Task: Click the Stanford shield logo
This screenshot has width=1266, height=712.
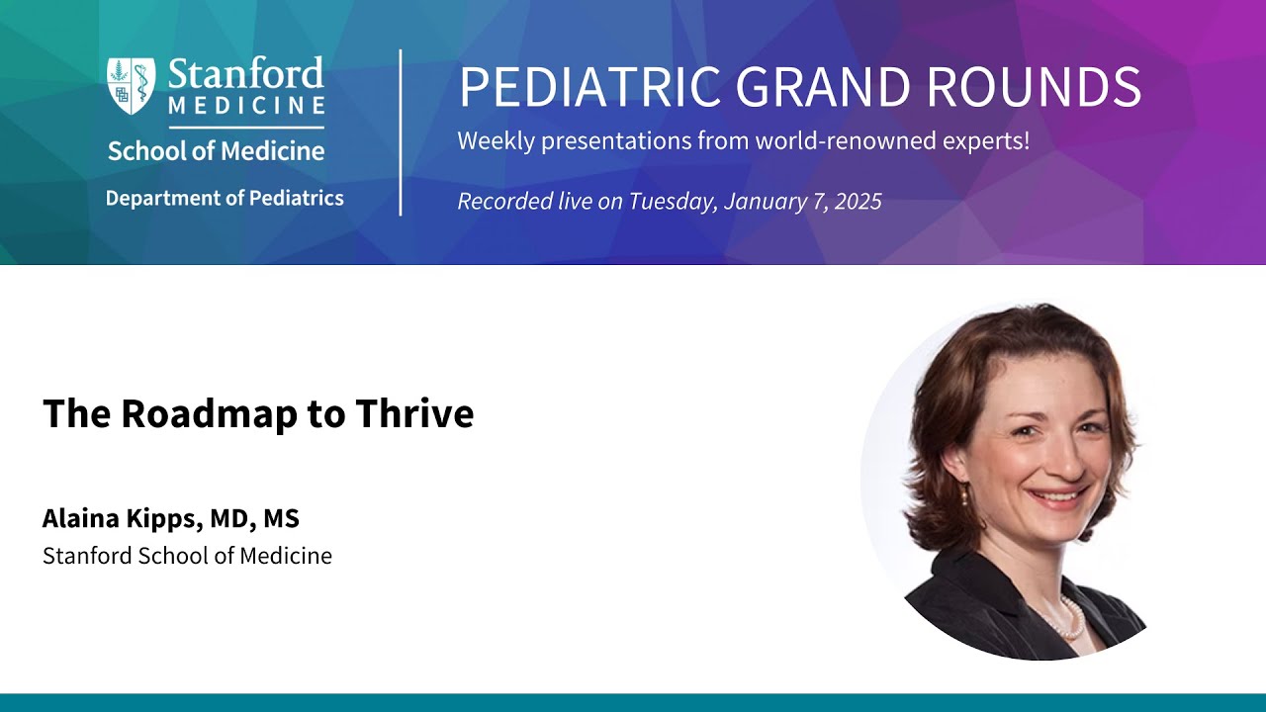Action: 131,86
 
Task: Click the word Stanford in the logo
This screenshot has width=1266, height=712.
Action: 245,74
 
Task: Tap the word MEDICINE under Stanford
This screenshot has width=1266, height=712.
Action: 245,106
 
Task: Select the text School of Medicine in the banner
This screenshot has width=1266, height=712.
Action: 216,151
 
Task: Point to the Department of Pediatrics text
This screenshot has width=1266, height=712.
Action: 225,198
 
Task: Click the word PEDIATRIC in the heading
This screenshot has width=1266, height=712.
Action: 589,87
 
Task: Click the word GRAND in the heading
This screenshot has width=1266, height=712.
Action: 811,87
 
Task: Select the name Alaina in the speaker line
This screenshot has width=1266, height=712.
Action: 77,518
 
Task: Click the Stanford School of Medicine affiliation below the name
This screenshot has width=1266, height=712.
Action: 187,556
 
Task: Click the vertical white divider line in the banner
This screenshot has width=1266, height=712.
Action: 401,132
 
